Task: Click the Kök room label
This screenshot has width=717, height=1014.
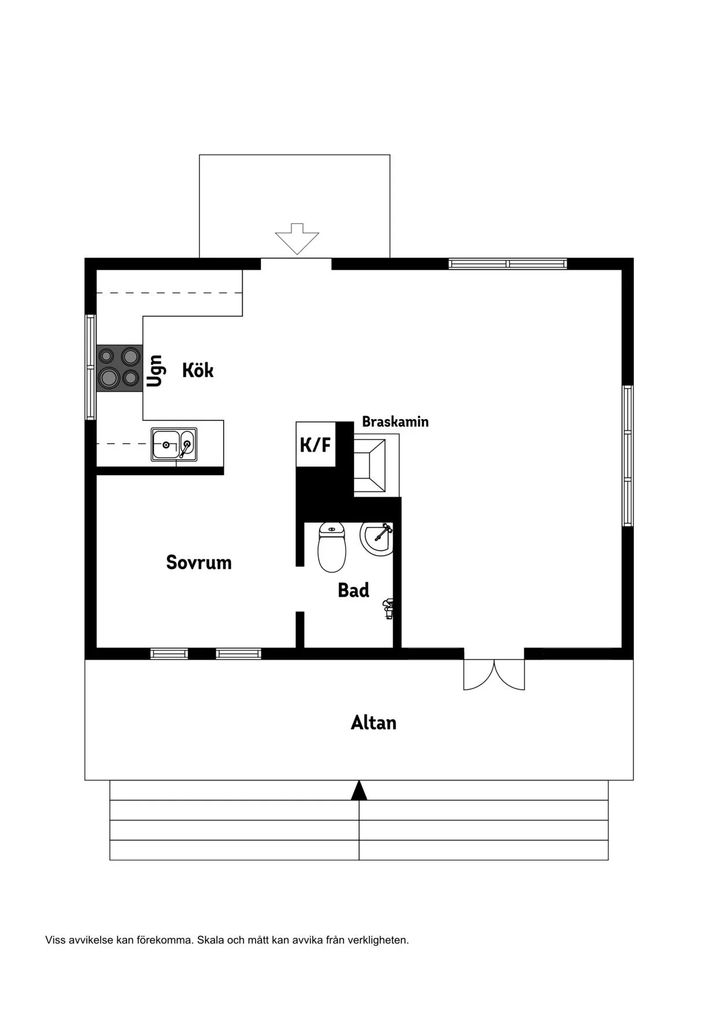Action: [x=198, y=370]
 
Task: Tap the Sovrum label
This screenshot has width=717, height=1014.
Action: [x=199, y=562]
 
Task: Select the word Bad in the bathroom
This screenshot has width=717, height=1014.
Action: [x=353, y=590]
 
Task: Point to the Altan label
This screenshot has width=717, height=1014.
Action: [x=374, y=723]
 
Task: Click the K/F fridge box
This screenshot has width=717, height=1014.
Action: [x=316, y=445]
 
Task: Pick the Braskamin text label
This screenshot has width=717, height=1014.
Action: [x=396, y=421]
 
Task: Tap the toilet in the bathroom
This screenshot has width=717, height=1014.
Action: [x=332, y=547]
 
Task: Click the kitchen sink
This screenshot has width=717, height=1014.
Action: [x=174, y=445]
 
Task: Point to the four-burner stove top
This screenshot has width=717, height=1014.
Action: [x=119, y=368]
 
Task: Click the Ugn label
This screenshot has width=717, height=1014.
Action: [x=154, y=371]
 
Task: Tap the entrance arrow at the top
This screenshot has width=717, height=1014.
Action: [x=297, y=239]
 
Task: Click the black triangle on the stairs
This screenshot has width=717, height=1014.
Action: [x=359, y=790]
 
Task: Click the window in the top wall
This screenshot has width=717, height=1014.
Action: [x=508, y=264]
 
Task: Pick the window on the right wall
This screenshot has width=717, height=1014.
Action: [x=627, y=456]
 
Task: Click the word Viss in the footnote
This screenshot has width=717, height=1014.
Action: [x=56, y=940]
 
